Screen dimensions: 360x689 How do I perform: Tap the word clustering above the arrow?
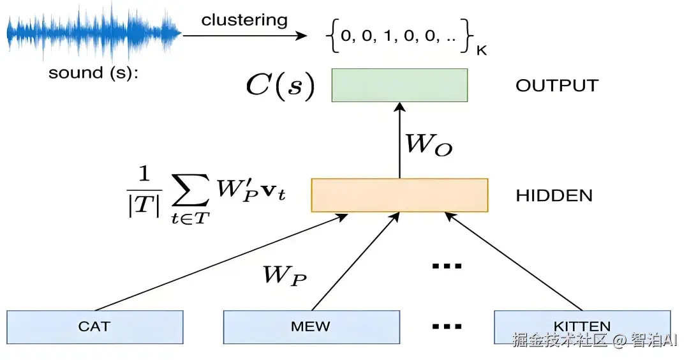244,20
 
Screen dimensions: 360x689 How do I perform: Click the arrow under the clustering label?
244,36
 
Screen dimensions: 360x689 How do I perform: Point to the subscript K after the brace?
481,50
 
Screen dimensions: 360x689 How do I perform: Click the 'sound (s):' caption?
93,73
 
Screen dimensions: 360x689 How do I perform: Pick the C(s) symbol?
280,86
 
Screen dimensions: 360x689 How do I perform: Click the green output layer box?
399,85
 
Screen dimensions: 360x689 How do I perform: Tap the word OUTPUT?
557,86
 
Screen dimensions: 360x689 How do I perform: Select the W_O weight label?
429,144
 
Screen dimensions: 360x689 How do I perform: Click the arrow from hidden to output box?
400,140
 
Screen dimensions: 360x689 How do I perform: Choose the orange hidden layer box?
399,195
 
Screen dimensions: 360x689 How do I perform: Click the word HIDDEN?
554,195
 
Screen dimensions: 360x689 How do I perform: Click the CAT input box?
94,327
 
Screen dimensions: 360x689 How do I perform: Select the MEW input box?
311,327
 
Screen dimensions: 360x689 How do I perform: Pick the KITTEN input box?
582,327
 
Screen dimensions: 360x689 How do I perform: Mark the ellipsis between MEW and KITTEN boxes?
447,327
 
